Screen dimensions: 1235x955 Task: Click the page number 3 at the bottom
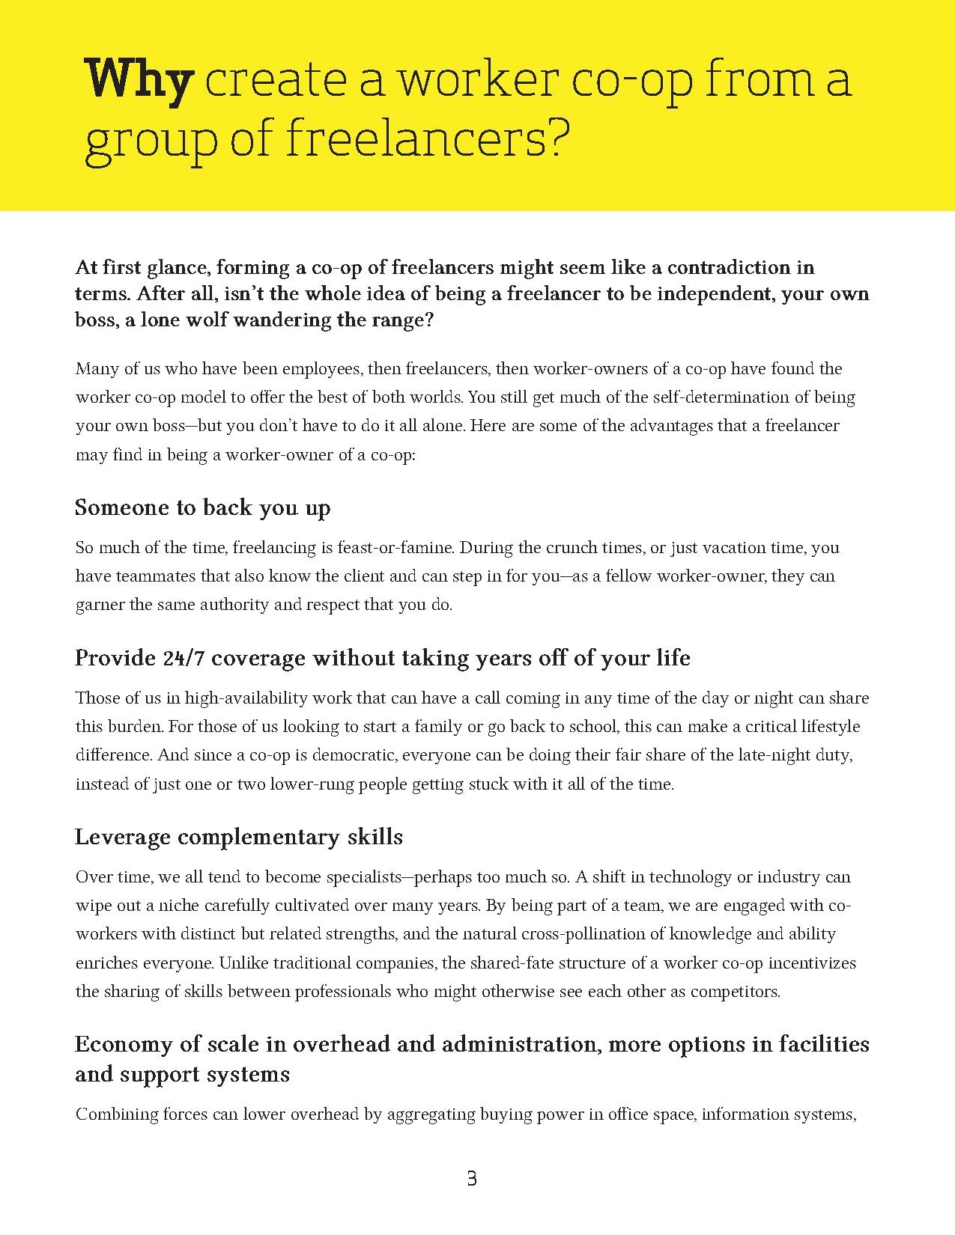pos(471,1179)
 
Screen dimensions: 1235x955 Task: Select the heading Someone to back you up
pos(203,507)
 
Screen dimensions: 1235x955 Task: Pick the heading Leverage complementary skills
pos(239,836)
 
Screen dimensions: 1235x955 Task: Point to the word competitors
pos(735,991)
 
